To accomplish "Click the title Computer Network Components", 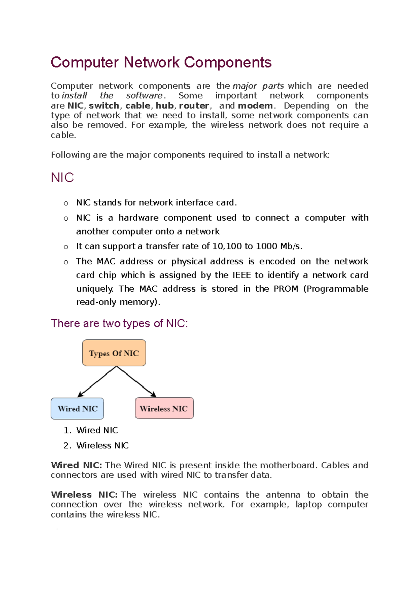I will pyautogui.click(x=161, y=63).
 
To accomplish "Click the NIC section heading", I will pyautogui.click(x=62, y=178).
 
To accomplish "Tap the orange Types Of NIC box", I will pyautogui.click(x=114, y=353).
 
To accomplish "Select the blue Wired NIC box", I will pyautogui.click(x=77, y=409).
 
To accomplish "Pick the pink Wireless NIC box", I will pyautogui.click(x=164, y=408).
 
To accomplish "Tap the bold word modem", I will pyautogui.click(x=255, y=105).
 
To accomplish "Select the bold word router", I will pyautogui.click(x=194, y=105).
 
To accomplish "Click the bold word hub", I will pyautogui.click(x=165, y=105).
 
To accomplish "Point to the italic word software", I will pyautogui.click(x=144, y=96).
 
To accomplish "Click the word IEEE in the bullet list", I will pyautogui.click(x=242, y=275).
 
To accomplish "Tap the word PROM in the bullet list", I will pyautogui.click(x=286, y=289).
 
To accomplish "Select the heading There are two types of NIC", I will pyautogui.click(x=119, y=323).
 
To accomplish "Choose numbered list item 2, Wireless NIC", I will pyautogui.click(x=102, y=446).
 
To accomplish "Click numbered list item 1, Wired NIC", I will pyautogui.click(x=97, y=430).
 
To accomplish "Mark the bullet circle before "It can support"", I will pyautogui.click(x=66, y=247).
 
